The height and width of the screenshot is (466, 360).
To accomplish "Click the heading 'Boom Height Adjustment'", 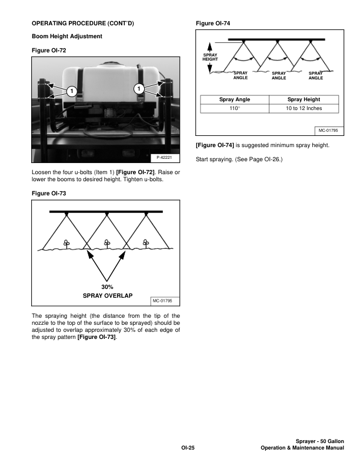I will tap(67, 36).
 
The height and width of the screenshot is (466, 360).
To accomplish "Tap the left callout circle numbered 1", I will tap(69, 91).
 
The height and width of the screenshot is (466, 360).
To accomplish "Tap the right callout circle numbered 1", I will tap(138, 89).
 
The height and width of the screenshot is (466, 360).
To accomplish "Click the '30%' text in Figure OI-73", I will tap(106, 287).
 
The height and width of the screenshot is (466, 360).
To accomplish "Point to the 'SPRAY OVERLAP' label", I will tap(106, 295).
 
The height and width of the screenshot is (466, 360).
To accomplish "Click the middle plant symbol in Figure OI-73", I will tap(106, 242).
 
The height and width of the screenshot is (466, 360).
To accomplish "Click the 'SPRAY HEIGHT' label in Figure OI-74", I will tap(210, 57).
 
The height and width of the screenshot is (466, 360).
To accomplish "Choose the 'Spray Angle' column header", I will tap(235, 100).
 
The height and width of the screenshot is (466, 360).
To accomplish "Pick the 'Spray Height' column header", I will tap(304, 100).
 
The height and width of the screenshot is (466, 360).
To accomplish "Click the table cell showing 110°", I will tap(235, 109).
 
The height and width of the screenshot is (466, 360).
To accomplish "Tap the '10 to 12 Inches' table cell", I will tap(304, 109).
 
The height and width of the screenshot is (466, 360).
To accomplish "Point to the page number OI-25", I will tap(187, 448).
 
